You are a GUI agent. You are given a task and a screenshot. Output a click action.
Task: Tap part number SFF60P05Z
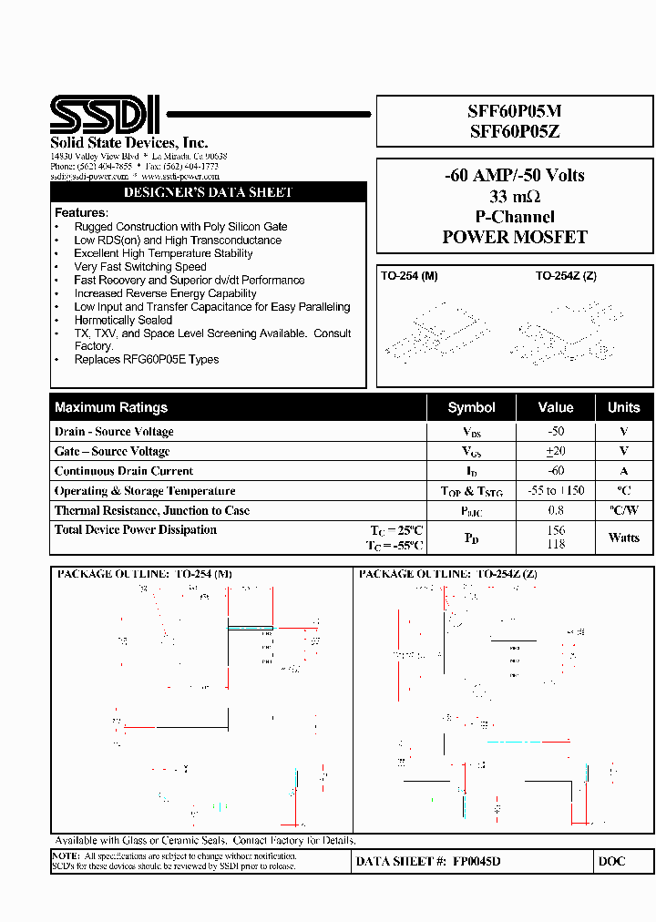514,131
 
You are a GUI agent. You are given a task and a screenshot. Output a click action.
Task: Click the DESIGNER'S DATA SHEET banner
208,193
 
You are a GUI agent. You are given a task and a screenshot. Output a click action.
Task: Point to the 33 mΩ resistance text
515,197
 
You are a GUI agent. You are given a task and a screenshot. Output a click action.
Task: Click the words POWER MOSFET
515,237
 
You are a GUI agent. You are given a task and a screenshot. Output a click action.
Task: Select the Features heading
81,213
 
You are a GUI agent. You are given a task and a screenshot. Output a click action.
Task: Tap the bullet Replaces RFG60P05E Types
147,360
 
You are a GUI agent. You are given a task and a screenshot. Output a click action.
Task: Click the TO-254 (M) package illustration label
409,276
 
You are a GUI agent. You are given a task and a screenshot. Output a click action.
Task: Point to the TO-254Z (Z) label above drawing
566,276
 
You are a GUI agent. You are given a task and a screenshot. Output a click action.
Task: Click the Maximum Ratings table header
111,407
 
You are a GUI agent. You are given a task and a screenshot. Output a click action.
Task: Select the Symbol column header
471,407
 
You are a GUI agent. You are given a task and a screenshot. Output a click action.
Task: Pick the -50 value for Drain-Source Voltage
556,432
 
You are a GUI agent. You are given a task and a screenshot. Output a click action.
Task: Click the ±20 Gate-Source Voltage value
556,451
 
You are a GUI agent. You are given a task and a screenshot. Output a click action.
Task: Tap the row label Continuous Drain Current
124,471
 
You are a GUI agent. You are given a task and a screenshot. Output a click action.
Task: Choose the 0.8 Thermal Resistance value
556,511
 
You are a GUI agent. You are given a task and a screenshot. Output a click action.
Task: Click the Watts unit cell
624,538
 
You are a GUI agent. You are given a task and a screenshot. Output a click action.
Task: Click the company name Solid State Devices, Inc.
128,143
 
